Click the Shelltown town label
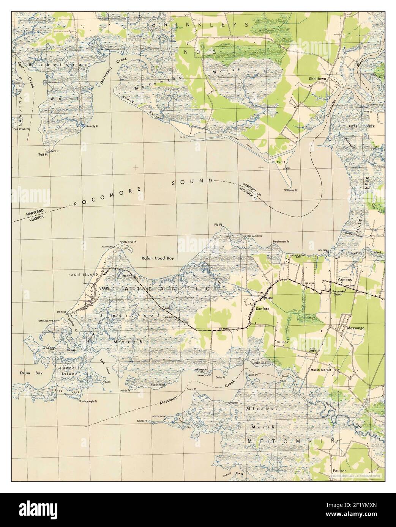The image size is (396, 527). point(317,79)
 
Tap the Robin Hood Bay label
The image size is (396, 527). point(158,258)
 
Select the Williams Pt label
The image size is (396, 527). point(292,190)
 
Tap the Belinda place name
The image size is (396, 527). point(282,342)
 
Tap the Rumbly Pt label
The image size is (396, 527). point(92,126)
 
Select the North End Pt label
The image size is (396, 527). point(128,242)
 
